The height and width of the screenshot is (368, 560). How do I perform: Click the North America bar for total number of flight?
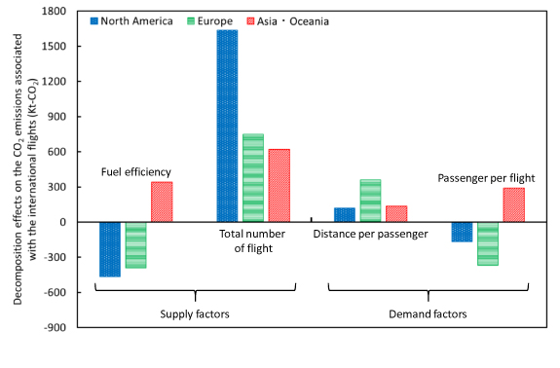coord(227,126)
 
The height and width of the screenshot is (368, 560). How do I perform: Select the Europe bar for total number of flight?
coord(253,178)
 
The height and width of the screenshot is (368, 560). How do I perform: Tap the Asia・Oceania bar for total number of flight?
coord(279,185)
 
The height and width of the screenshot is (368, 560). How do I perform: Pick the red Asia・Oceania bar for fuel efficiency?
coord(162,202)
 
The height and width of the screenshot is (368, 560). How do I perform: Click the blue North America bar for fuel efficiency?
coord(110,249)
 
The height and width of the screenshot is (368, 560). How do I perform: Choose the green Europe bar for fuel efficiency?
coord(136,245)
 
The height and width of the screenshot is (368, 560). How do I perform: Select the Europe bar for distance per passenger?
coord(370,201)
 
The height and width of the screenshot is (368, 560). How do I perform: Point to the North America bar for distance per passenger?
coord(345,215)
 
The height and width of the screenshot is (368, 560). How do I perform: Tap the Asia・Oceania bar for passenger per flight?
coord(513,204)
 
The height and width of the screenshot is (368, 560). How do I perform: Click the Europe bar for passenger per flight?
coord(487,243)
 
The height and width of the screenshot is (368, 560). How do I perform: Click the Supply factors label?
coord(194,314)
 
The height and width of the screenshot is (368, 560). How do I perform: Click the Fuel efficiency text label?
coord(136,172)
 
